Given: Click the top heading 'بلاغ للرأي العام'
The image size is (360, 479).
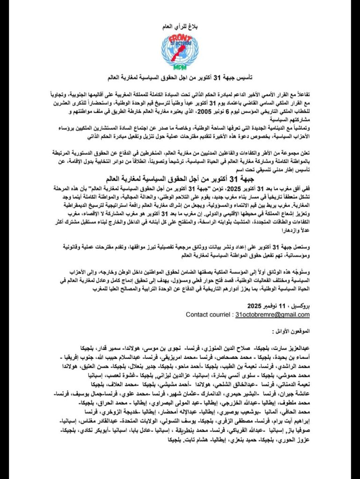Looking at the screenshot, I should (180, 28).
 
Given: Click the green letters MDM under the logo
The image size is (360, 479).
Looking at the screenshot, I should (180, 67).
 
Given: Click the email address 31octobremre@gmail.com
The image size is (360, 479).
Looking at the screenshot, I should (272, 314).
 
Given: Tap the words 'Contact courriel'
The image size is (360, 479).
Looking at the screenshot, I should (208, 314).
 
